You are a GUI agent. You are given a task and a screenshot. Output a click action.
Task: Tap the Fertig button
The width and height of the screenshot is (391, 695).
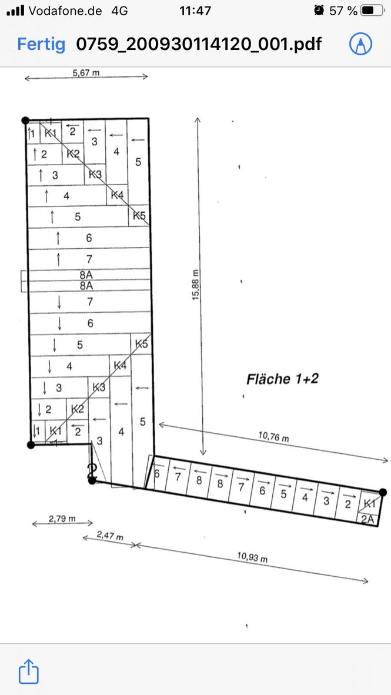point(41,44)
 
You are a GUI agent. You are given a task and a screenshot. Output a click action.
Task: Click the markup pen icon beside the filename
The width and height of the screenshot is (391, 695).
point(360,44)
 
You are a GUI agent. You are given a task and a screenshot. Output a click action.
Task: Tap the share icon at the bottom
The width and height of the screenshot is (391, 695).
point(28,671)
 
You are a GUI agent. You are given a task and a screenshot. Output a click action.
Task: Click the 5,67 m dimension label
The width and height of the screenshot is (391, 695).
point(86,72)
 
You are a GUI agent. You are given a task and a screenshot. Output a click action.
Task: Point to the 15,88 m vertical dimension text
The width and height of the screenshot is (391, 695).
point(195,285)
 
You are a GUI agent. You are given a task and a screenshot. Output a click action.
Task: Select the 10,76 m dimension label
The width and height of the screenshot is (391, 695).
point(274,437)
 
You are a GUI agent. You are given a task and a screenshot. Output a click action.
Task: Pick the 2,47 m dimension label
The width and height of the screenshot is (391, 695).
point(109,536)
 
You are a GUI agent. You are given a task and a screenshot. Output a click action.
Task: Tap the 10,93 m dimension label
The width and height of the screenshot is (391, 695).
point(253,557)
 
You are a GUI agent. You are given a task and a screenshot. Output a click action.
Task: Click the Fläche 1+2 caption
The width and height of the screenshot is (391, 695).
point(282,379)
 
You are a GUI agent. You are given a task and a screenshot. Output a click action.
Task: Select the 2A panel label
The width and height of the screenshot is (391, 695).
point(367,519)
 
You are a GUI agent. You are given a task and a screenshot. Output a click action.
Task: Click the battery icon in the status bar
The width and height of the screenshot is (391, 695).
point(373,11)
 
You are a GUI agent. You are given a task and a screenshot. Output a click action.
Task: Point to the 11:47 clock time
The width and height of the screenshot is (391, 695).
point(195,11)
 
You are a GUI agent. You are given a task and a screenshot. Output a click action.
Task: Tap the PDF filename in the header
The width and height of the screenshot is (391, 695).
point(199,44)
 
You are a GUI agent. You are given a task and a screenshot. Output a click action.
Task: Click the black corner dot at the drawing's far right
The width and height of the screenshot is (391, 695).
point(383,492)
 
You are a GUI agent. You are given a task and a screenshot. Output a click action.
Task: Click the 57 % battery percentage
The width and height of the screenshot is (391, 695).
point(343,11)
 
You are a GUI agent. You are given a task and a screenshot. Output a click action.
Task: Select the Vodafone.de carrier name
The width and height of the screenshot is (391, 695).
point(65,11)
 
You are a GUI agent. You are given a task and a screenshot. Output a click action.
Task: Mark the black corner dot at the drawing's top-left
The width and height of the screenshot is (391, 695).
point(26,120)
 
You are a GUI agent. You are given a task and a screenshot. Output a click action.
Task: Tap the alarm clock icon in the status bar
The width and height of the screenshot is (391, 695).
point(319,10)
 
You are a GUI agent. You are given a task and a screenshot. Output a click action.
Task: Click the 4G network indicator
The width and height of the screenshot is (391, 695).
point(119,11)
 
